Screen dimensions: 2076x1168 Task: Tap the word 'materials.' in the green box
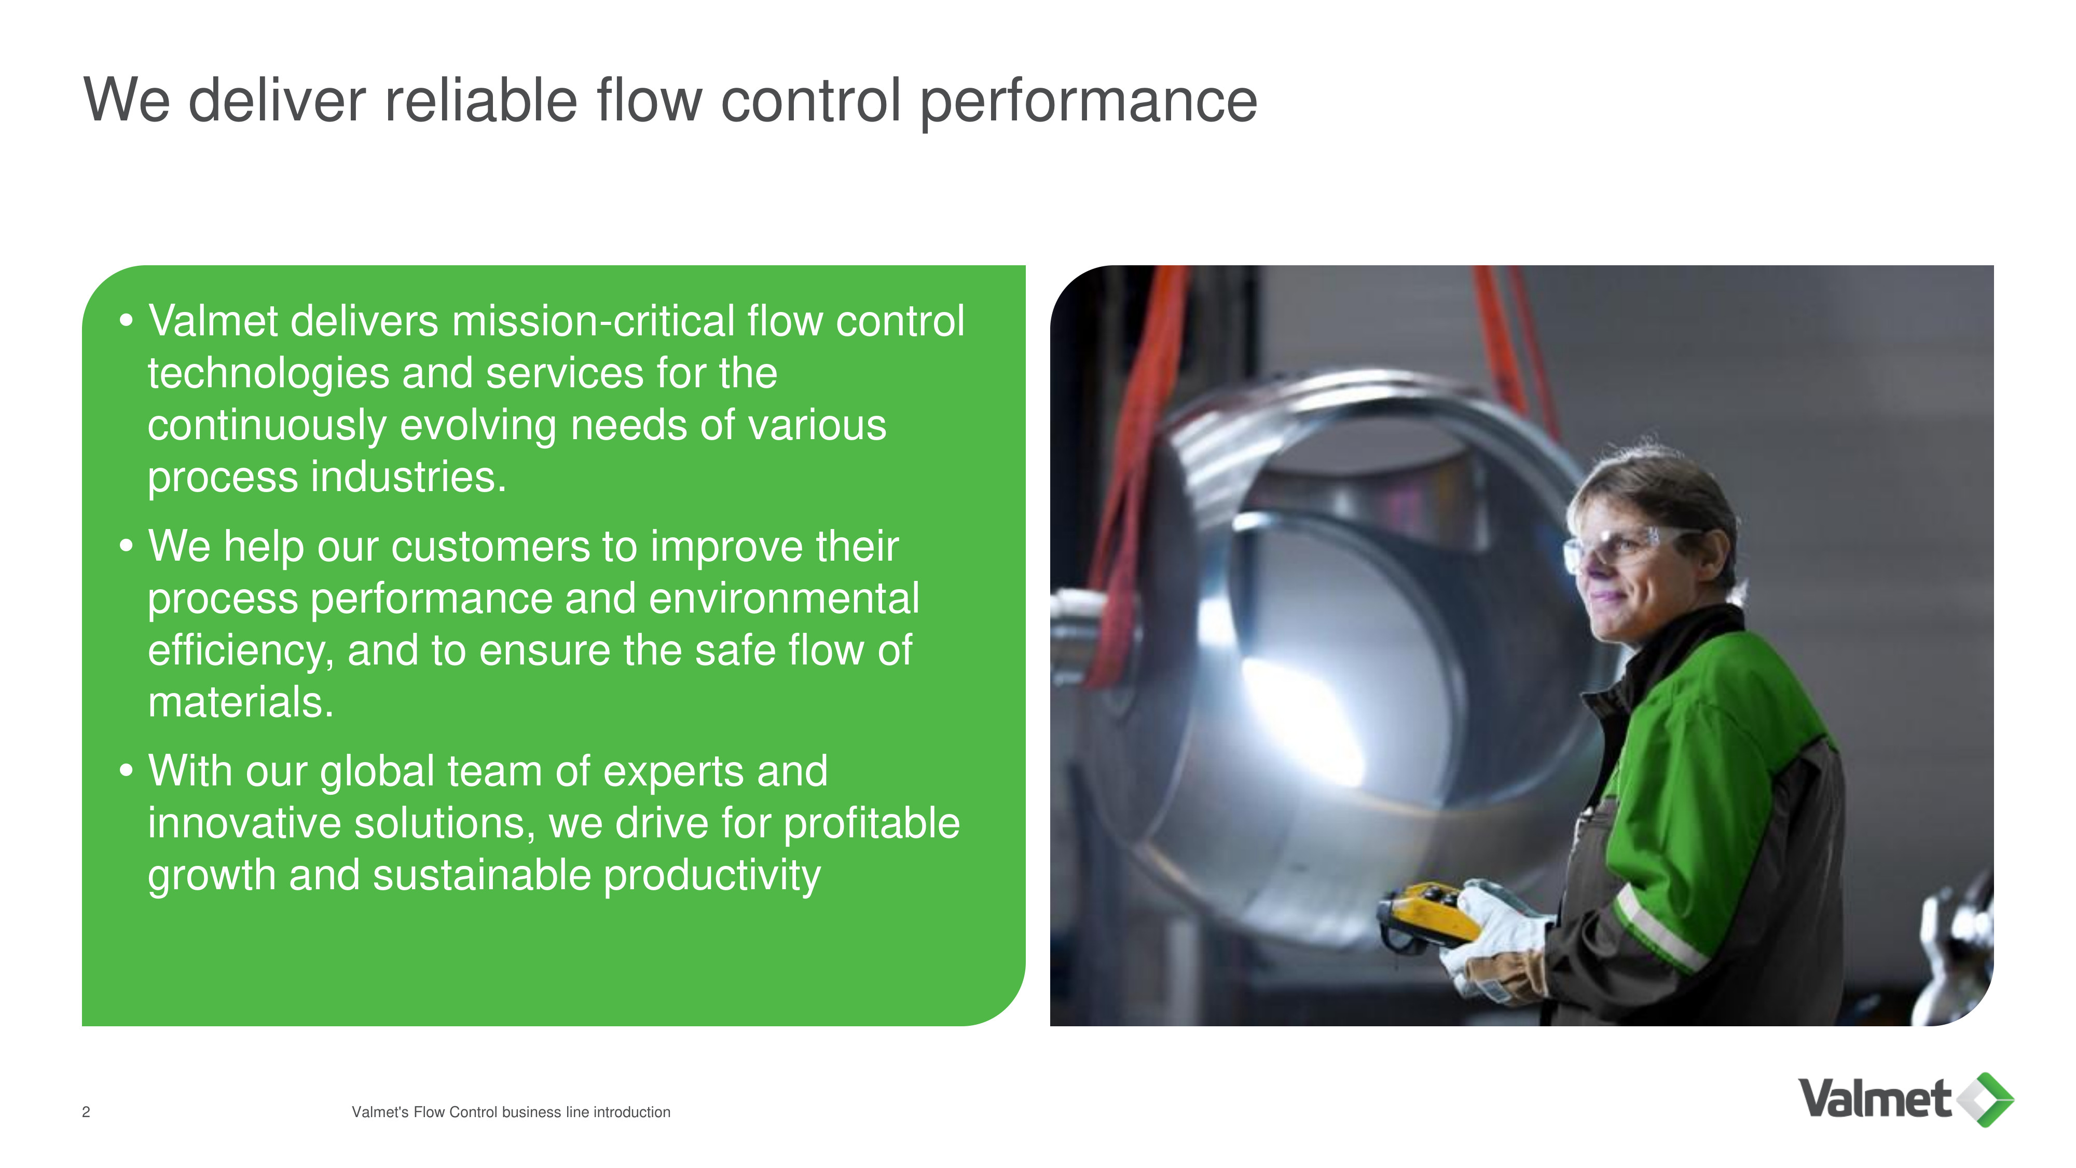(x=240, y=702)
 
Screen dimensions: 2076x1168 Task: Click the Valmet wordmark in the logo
(x=1875, y=1098)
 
